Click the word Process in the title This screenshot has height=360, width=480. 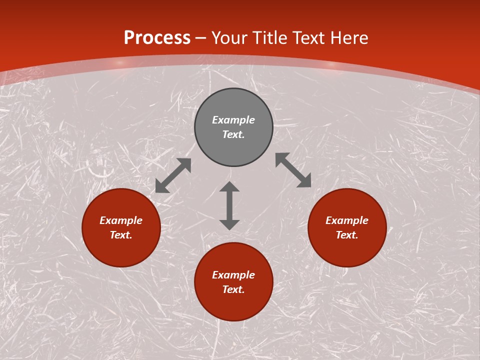157,38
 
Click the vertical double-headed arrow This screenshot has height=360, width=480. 229,205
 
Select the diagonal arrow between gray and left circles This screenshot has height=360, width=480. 173,175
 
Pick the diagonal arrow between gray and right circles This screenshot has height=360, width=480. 293,170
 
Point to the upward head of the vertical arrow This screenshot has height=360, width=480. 229,186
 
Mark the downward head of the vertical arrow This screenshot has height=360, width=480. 229,224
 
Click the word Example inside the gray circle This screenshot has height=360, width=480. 233,120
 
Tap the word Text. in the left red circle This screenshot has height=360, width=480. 121,235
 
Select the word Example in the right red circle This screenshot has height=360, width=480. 347,220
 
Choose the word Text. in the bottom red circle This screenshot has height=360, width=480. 233,289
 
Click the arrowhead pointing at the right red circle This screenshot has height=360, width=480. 304,181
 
